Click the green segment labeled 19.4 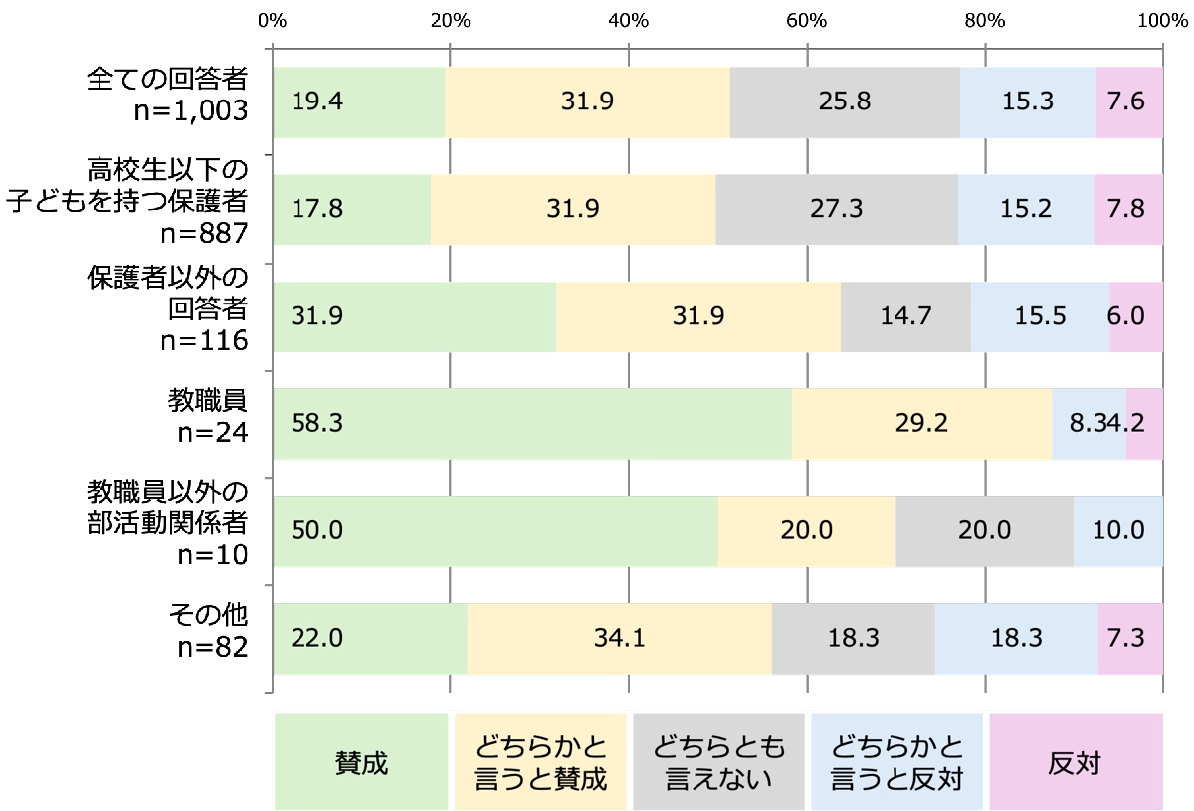click(359, 102)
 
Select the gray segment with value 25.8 click(845, 102)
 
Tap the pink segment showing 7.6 click(1129, 102)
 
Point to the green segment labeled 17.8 click(352, 210)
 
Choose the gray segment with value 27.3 click(837, 210)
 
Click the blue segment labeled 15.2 click(1026, 210)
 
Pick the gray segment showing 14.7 click(905, 316)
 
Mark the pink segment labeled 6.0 click(1136, 316)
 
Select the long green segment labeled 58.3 click(532, 423)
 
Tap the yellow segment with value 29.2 click(922, 423)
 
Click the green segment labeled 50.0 click(496, 530)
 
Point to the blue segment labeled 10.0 click(1118, 530)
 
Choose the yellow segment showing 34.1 click(620, 637)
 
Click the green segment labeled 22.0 click(370, 637)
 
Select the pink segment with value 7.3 click(1130, 637)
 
